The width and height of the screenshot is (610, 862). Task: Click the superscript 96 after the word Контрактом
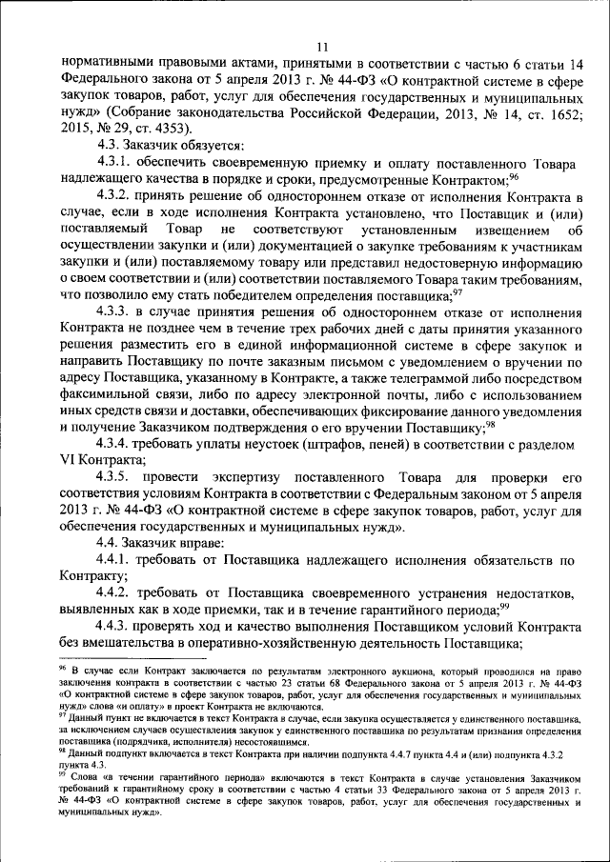pos(513,174)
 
